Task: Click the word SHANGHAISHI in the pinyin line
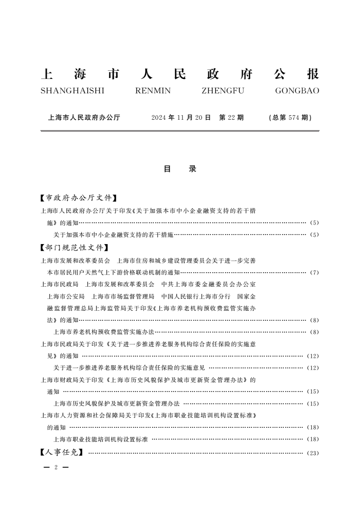(x=72, y=91)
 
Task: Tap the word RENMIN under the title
(x=153, y=91)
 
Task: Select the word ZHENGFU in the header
(x=222, y=91)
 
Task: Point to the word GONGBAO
(x=297, y=91)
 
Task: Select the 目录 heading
(x=180, y=169)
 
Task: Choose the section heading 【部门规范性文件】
(x=75, y=248)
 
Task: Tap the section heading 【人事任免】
(x=62, y=452)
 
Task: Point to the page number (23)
(x=313, y=453)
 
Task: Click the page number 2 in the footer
(x=55, y=467)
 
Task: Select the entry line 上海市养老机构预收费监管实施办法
(x=104, y=332)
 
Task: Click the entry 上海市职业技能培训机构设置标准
(x=101, y=439)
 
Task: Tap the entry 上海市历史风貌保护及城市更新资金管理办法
(x=117, y=403)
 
